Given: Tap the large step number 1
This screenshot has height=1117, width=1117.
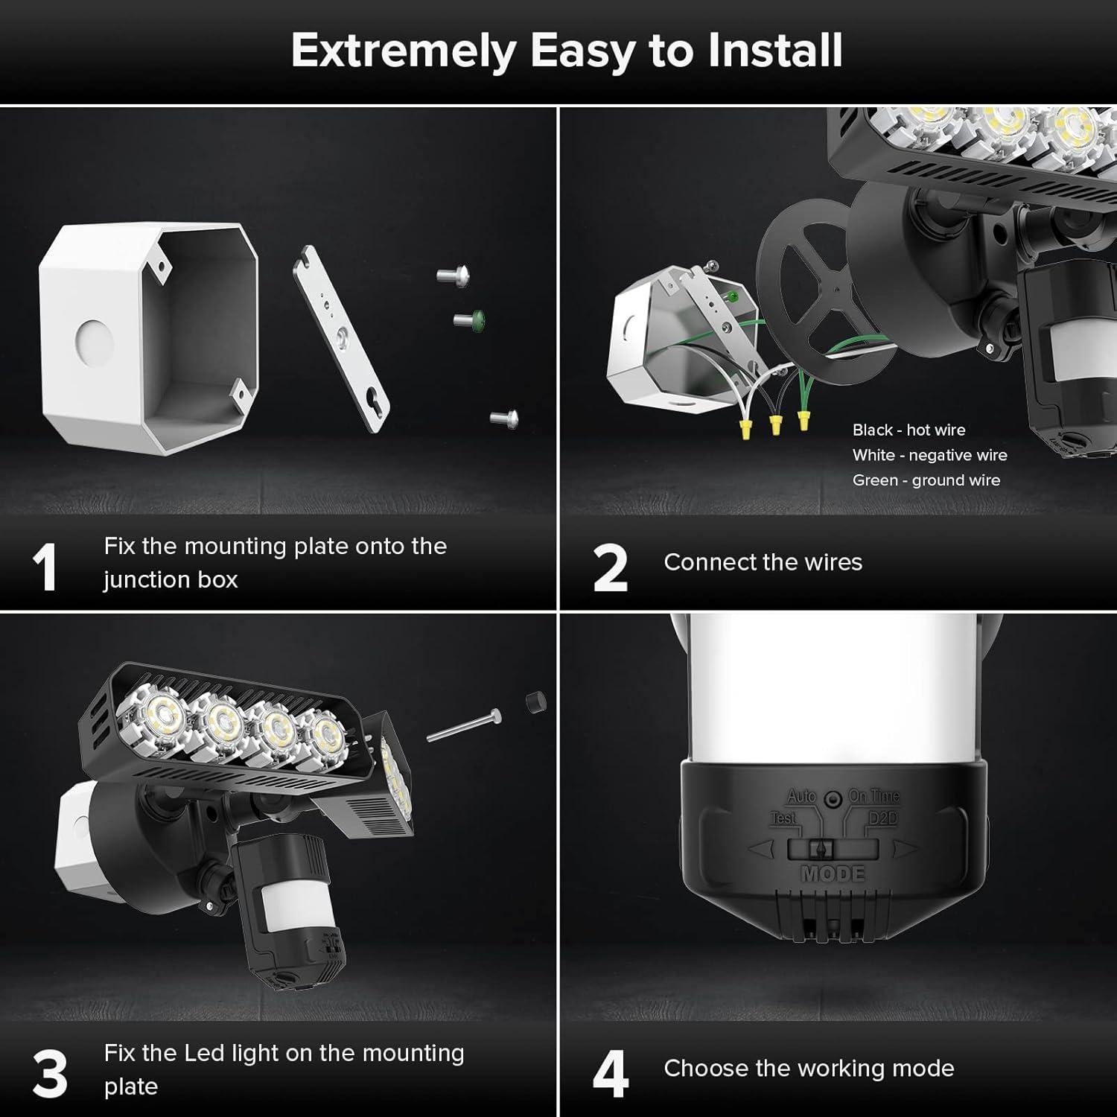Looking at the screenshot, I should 45,568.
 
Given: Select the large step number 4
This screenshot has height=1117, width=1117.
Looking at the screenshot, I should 610,1075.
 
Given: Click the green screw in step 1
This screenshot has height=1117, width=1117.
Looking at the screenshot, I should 470,320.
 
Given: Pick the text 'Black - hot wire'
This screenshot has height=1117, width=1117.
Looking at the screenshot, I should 908,430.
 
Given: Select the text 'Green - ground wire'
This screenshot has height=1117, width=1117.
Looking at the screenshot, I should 926,480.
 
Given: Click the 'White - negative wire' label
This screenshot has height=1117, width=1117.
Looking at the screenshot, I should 929,455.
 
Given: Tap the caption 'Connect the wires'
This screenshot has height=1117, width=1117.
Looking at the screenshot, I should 763,562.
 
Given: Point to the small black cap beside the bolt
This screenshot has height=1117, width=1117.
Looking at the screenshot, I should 535,701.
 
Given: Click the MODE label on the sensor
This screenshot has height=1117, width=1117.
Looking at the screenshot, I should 833,873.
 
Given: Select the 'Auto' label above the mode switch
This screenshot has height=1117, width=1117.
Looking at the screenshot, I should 801,796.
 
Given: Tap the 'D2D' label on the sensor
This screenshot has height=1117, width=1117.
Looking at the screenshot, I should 882,818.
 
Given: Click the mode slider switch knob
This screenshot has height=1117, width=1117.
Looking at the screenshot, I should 821,849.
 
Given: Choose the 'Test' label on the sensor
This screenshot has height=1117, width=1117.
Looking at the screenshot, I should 783,818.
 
